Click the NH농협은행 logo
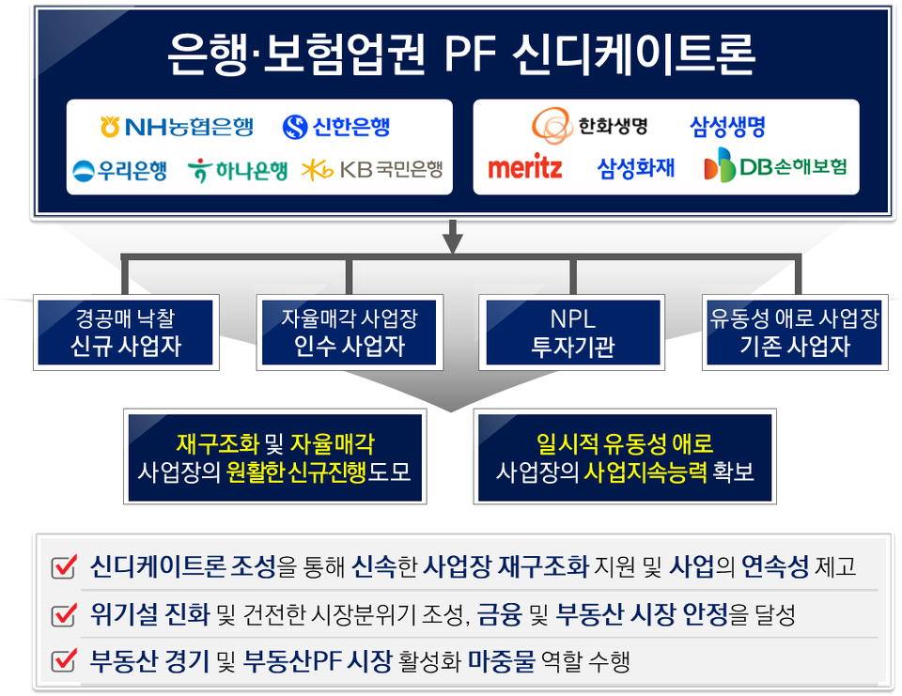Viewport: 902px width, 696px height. coord(176,126)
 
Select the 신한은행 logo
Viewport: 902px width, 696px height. coord(336,126)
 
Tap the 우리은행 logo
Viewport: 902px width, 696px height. coord(120,170)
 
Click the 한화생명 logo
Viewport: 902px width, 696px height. coord(589,125)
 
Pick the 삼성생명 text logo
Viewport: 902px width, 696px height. coord(727,125)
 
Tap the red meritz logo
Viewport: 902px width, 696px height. coord(524,168)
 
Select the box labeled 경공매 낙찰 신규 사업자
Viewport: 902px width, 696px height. coord(126,333)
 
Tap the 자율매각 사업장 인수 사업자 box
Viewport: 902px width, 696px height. coord(348,333)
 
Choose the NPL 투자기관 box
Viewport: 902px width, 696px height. coord(572,333)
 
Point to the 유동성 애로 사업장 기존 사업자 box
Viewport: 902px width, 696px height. coord(794,333)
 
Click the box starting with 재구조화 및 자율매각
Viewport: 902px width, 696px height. coord(274,456)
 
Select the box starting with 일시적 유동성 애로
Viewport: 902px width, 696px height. coord(625,456)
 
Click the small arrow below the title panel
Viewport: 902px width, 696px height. coord(453,238)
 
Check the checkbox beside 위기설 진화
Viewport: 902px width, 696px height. coord(64,615)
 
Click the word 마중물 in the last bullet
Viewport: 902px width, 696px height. coord(502,661)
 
